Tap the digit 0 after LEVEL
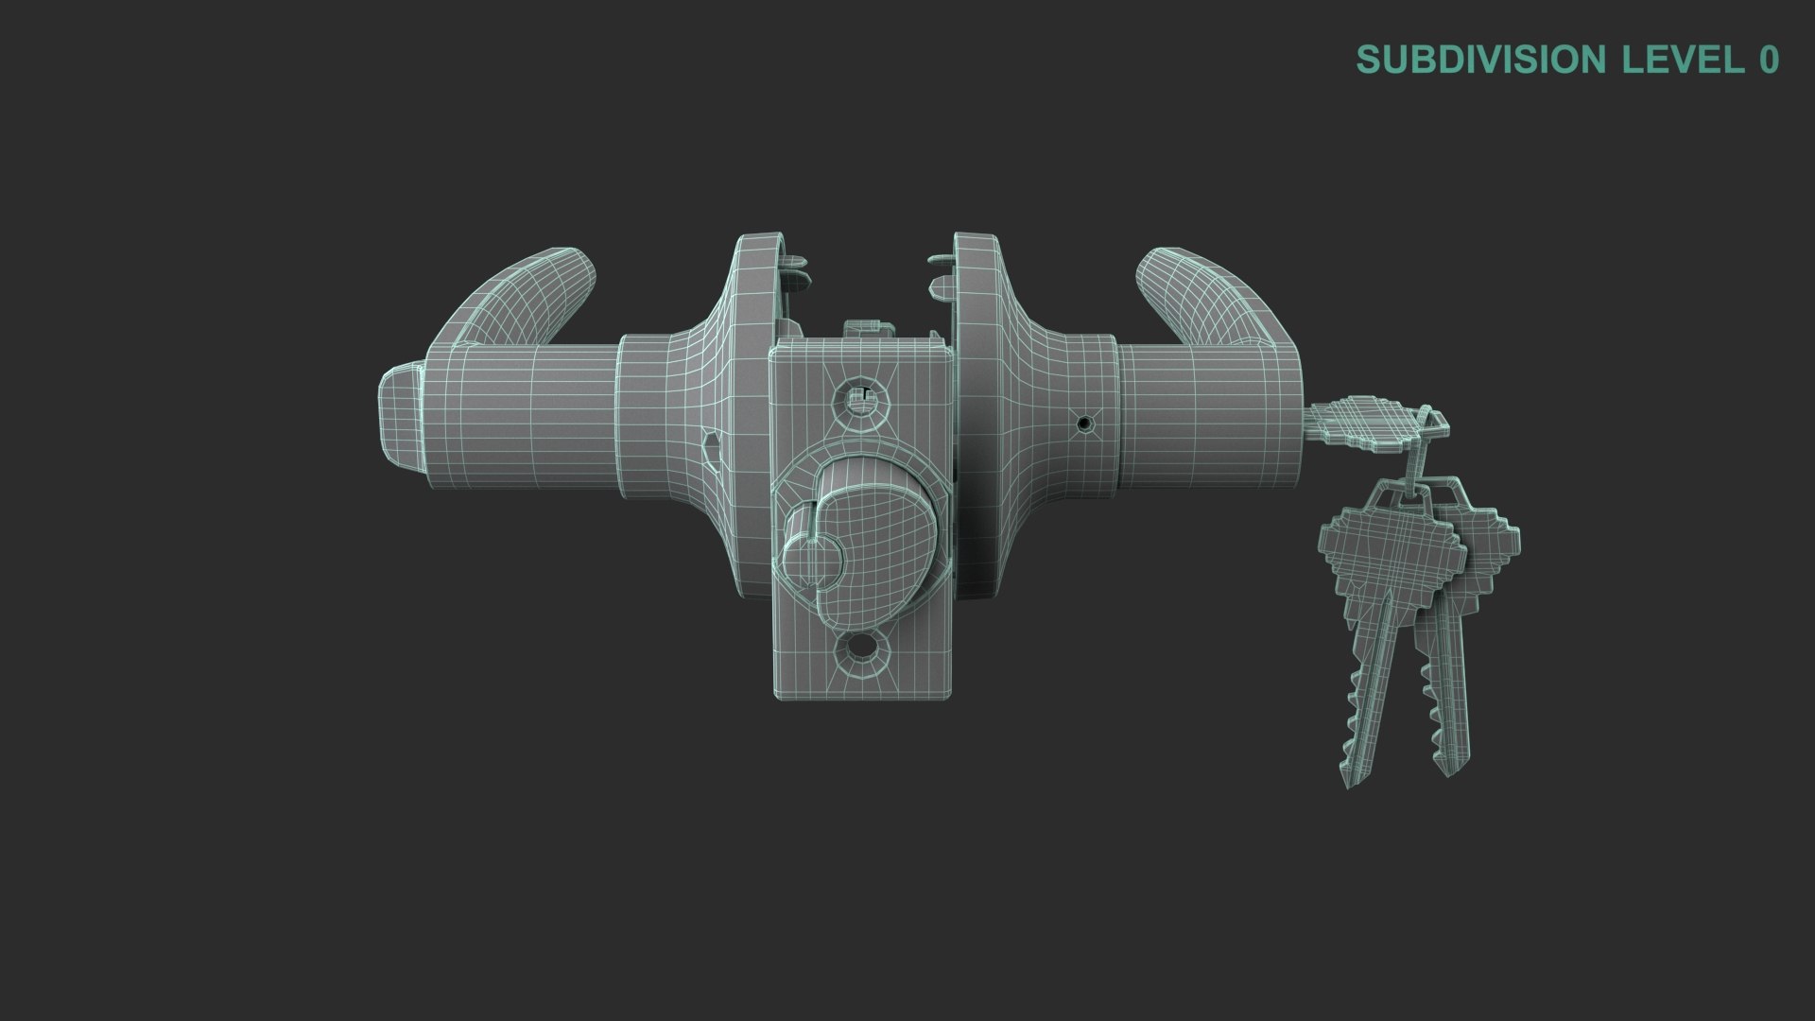(1768, 59)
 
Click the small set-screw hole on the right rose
(1084, 424)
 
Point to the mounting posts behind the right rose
(939, 270)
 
